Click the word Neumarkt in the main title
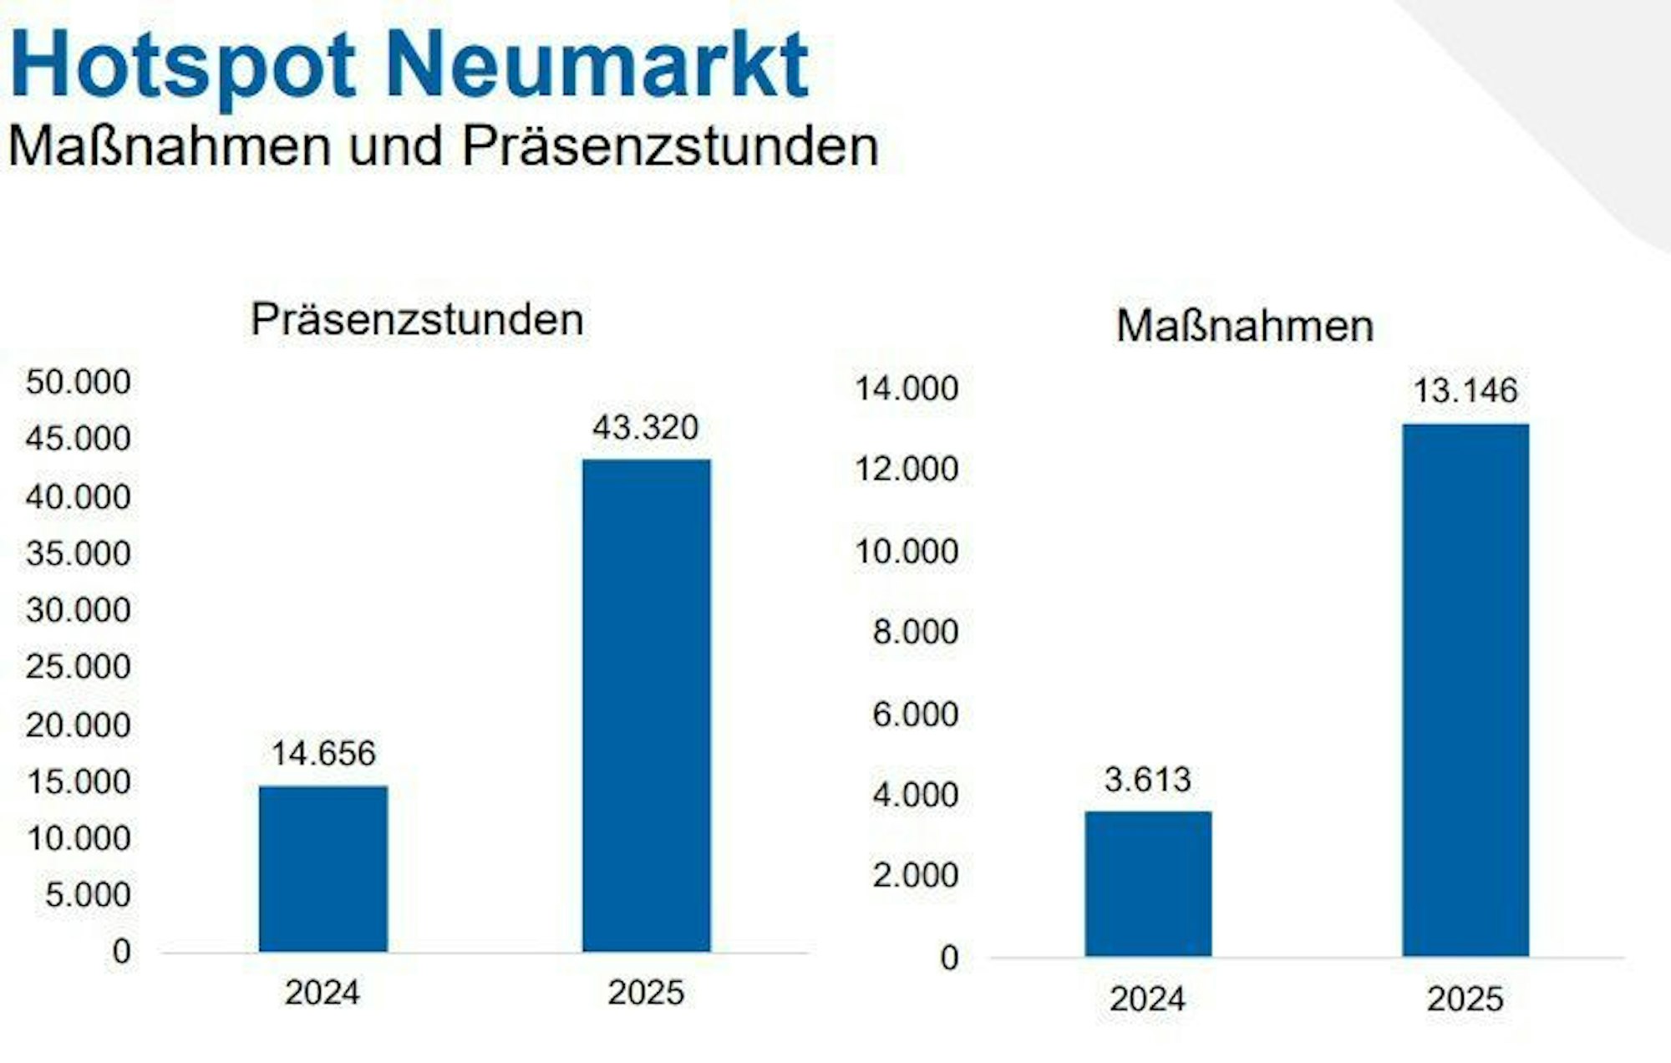point(597,65)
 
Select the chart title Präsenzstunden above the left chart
point(417,319)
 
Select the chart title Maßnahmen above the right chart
point(1245,325)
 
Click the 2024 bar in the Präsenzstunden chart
point(323,869)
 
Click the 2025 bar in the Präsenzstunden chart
point(647,706)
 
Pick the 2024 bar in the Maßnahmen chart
point(1148,883)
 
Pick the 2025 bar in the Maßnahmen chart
point(1465,689)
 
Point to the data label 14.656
point(323,754)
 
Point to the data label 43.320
point(645,428)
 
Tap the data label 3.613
point(1147,780)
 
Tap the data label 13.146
point(1465,390)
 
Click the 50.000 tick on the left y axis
point(79,382)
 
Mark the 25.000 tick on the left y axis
point(79,667)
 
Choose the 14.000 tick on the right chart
point(907,389)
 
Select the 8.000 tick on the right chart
point(916,632)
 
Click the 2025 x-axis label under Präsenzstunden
point(646,993)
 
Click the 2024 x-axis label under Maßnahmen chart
point(1147,999)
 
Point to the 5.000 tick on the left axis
point(88,895)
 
